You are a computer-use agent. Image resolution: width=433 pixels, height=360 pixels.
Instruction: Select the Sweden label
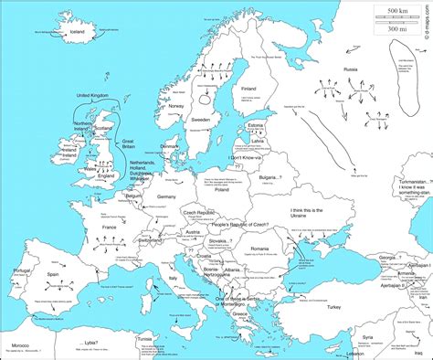202,119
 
